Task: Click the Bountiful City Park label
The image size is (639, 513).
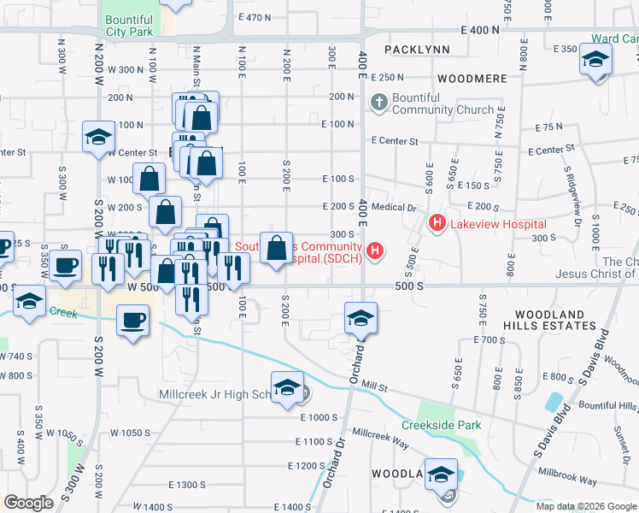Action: click(x=130, y=24)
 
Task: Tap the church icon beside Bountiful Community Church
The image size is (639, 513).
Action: click(x=379, y=103)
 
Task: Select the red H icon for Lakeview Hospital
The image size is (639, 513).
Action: click(x=437, y=223)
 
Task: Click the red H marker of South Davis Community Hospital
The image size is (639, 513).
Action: click(x=374, y=251)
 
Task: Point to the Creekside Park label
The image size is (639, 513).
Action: click(x=442, y=425)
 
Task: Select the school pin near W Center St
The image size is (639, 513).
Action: click(x=98, y=137)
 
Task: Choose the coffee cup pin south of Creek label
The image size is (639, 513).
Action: click(x=132, y=321)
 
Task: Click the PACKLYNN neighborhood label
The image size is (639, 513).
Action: click(x=417, y=50)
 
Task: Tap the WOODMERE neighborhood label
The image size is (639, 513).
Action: click(x=472, y=78)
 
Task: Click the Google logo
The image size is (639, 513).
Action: click(x=28, y=503)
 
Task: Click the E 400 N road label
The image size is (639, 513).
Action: click(x=478, y=30)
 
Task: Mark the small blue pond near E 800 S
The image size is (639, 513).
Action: click(x=556, y=402)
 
